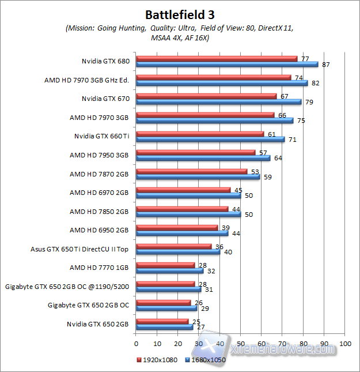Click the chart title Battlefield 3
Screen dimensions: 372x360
[x=180, y=14]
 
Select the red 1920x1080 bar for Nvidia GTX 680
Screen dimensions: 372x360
[x=217, y=58]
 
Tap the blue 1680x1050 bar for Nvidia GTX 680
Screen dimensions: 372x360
[x=227, y=64]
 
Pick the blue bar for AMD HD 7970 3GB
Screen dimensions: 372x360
[x=214, y=121]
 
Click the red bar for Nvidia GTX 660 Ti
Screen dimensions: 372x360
[x=199, y=134]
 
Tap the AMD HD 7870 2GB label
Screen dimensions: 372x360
[x=100, y=174]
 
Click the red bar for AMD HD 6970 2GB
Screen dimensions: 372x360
[x=183, y=190]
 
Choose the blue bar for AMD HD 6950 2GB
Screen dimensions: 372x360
[x=181, y=233]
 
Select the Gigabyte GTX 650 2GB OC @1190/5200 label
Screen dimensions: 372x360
[x=67, y=287]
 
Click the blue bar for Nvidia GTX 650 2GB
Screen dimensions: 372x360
[x=164, y=327]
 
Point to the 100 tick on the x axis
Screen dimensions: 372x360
[x=345, y=343]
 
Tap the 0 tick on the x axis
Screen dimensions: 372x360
[x=136, y=343]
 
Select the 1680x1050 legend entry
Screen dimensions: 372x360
[x=206, y=359]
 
